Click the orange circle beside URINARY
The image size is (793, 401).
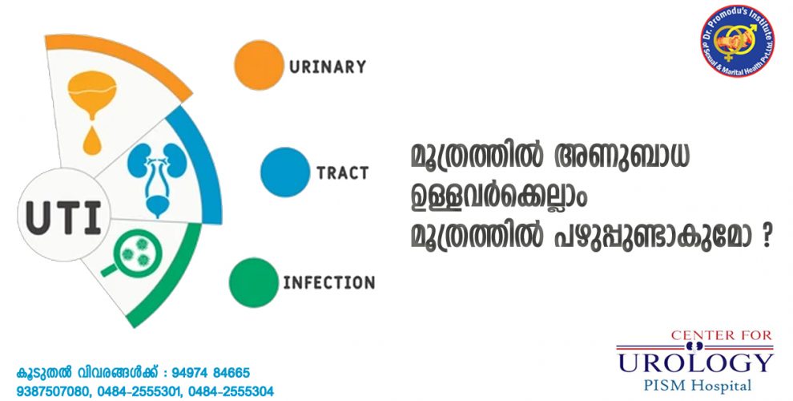(259, 65)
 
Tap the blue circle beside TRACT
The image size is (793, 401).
(285, 172)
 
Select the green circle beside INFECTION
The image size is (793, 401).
(254, 282)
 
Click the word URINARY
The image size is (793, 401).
(328, 67)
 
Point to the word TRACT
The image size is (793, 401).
(342, 173)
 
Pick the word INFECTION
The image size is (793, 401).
(329, 282)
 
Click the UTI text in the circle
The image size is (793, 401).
(63, 217)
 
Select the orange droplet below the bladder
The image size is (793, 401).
(92, 140)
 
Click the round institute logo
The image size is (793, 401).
(737, 41)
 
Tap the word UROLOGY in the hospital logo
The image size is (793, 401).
(696, 363)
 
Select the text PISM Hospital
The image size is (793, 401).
(697, 385)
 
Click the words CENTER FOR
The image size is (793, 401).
(722, 335)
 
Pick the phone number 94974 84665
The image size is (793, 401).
(211, 373)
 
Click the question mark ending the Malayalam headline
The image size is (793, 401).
(765, 237)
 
